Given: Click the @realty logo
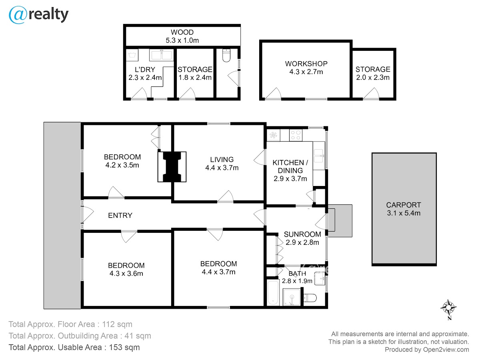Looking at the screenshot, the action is (38, 15).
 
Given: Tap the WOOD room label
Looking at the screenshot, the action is (182, 32).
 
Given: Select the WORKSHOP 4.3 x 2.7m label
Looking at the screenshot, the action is (306, 68).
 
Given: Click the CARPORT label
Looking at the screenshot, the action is (404, 205).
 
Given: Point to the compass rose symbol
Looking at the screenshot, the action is (448, 308).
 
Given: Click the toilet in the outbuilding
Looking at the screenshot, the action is (226, 56).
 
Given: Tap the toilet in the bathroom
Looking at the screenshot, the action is (310, 298).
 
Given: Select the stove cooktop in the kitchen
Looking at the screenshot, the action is (296, 135).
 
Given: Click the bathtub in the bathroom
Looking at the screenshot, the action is (273, 292).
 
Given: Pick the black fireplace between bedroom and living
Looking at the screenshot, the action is (172, 167).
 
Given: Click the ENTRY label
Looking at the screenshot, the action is (120, 216).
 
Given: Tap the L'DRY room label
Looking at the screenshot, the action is (145, 70).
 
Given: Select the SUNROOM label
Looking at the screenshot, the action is (302, 234).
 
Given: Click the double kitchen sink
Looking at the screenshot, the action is (319, 156).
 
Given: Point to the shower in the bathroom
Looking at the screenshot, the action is (292, 297).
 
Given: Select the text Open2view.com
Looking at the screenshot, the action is (446, 350).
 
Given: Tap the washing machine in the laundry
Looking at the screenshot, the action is (132, 55).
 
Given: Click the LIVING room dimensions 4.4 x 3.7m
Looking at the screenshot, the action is (222, 168).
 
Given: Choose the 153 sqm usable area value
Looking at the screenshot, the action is (124, 347).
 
